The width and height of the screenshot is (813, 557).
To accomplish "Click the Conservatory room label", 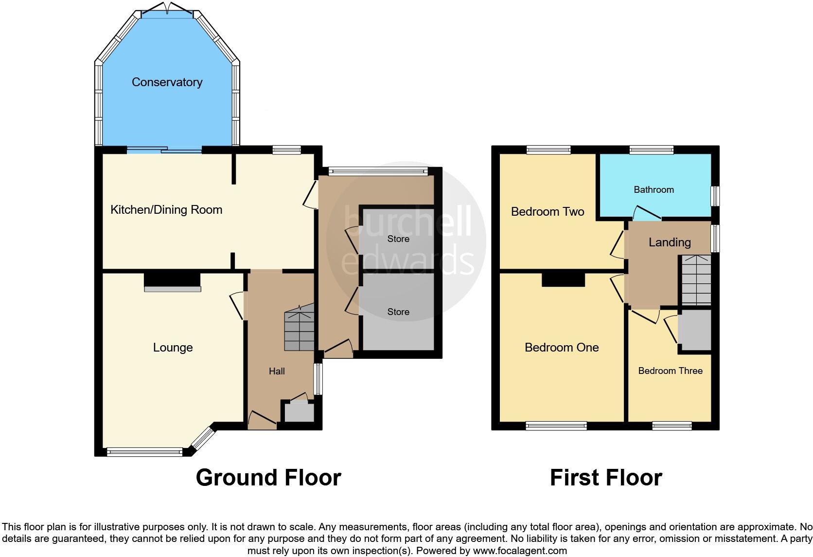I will point(167,82).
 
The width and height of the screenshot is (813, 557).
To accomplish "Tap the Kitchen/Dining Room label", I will point(166,210).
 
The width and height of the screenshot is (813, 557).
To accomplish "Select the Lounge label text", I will point(173,348).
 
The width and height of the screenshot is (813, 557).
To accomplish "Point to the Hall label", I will point(277,371).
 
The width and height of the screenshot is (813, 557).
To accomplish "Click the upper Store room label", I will point(398,239).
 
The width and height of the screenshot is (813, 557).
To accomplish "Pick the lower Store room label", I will point(398,312).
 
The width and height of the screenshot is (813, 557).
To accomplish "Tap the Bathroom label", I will point(654,190).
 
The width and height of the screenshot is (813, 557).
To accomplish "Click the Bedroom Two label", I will point(548,212).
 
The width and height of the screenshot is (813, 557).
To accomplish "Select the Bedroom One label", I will point(562,348).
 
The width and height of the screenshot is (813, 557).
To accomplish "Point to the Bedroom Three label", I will point(670,371).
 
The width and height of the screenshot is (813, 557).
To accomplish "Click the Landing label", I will point(670,242).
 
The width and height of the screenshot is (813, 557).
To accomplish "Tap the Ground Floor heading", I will point(268,478).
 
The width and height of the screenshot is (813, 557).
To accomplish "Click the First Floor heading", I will point(606,478).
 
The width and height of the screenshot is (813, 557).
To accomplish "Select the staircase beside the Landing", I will point(696,280).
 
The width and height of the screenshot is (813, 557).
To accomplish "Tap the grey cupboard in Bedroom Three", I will point(695,331).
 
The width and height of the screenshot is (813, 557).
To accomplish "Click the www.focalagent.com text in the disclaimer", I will point(519,551).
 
